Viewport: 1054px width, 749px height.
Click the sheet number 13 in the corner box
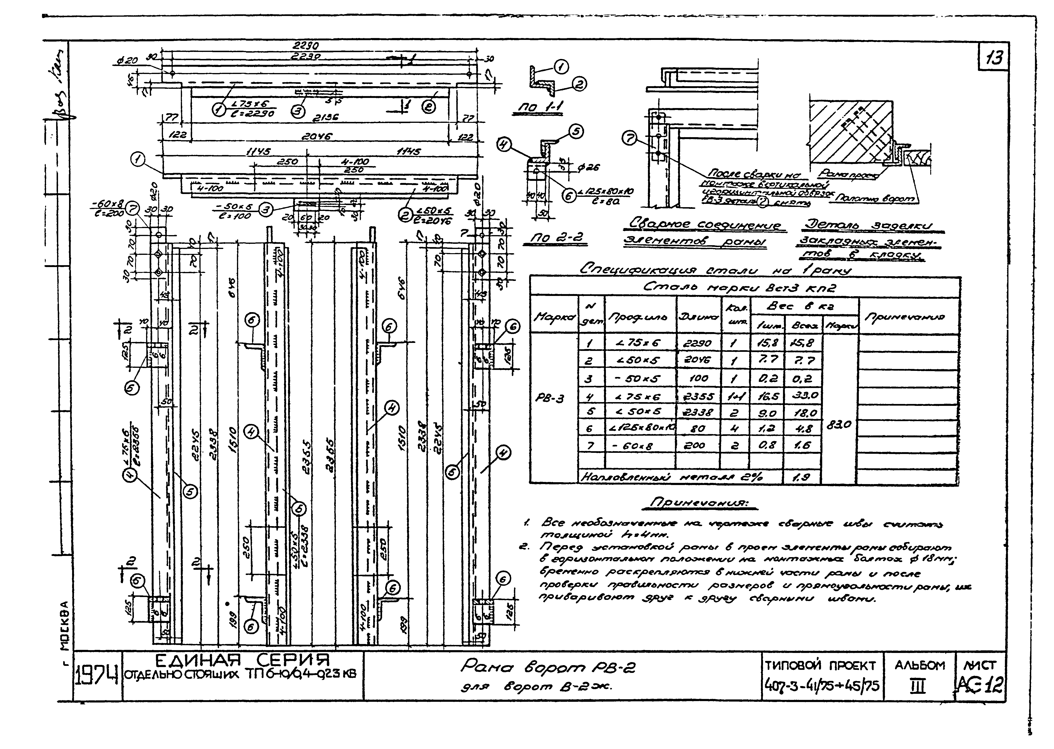click(x=994, y=59)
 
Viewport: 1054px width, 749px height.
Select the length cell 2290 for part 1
click(x=697, y=343)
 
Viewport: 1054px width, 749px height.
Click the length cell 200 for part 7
click(x=697, y=445)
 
